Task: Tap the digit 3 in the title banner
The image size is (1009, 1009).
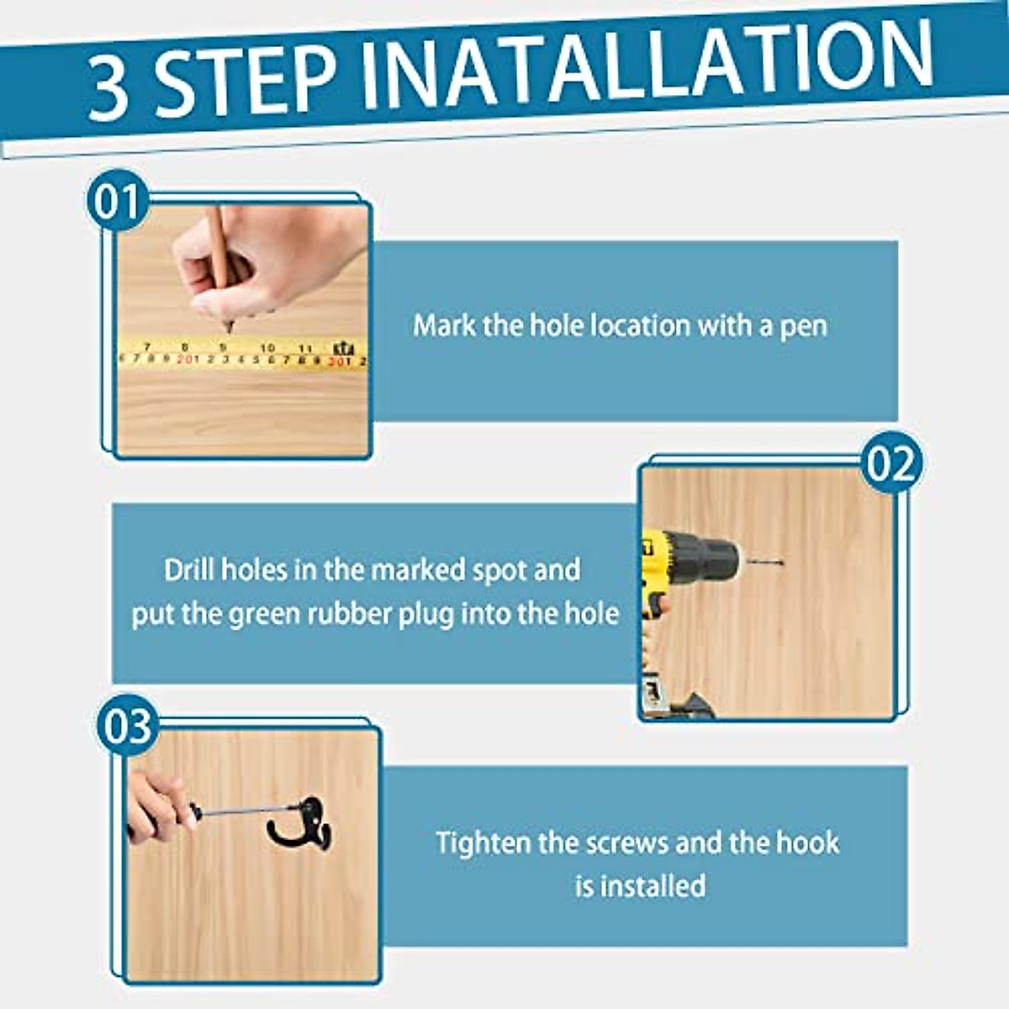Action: tap(109, 88)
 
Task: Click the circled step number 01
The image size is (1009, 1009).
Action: tap(117, 202)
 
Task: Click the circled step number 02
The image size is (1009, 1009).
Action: tap(891, 463)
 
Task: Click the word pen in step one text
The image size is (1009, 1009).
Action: tap(804, 326)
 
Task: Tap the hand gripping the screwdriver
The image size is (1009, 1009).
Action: tap(156, 803)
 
